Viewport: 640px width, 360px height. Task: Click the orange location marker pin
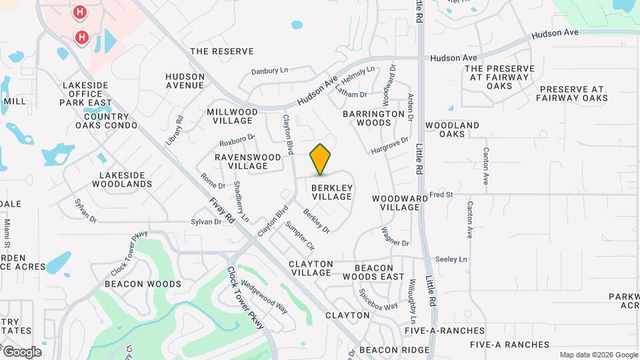point(321,159)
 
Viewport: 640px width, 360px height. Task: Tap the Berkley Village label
point(331,192)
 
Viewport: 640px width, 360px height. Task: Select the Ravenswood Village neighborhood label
point(247,161)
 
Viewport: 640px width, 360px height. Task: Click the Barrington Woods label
point(374,118)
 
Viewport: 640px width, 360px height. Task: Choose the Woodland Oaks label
point(453,129)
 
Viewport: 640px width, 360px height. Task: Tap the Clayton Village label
point(310,268)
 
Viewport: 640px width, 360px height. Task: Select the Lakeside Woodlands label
point(126,179)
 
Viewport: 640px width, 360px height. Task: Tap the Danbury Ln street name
point(269,71)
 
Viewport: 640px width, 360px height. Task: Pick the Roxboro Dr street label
point(237,141)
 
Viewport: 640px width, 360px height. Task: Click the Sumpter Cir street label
point(299,235)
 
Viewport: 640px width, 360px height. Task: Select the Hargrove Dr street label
point(389,144)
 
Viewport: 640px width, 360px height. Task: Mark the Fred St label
point(441,195)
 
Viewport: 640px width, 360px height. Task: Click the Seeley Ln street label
point(451,259)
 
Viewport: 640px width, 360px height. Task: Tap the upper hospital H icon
point(80,12)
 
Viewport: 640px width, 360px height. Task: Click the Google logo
point(22,352)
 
